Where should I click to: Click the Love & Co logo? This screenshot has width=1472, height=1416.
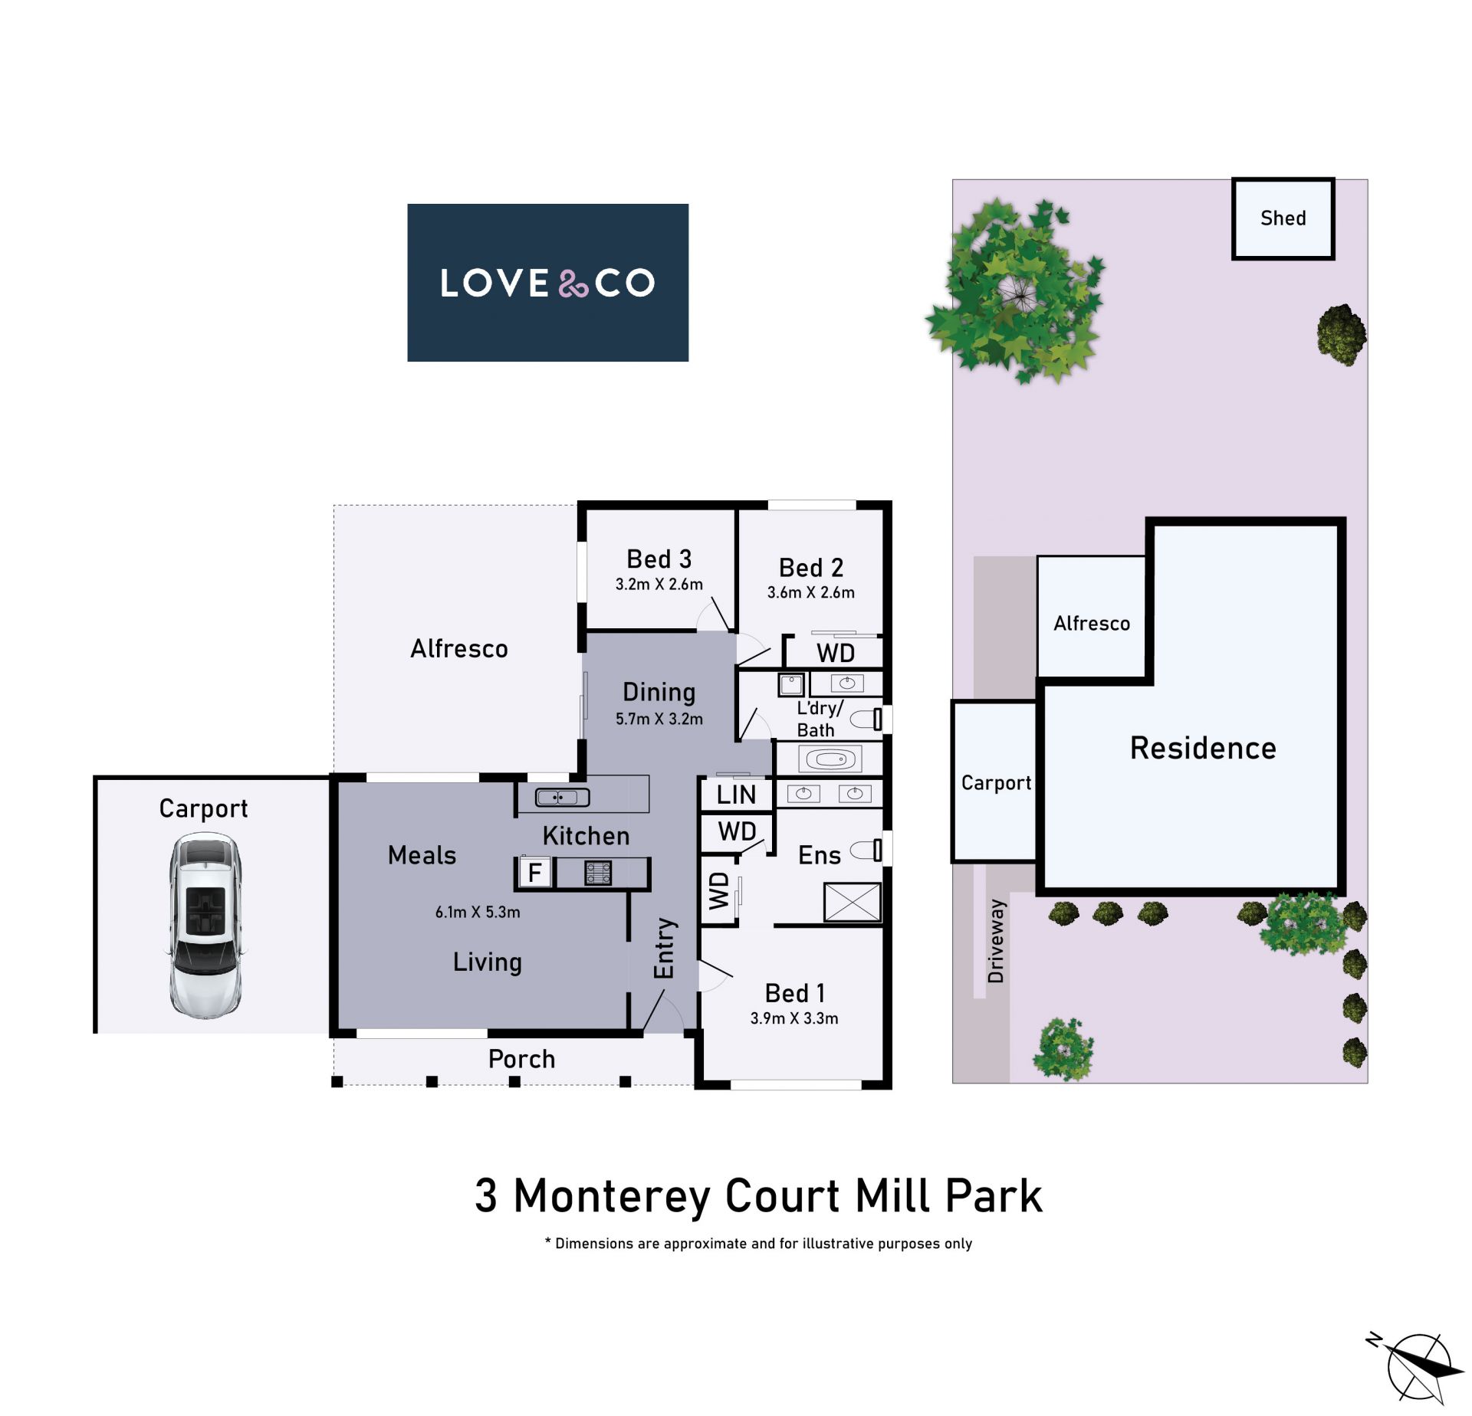click(x=547, y=282)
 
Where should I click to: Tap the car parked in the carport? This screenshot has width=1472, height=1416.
click(x=205, y=925)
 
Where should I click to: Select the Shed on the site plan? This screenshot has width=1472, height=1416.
click(x=1283, y=218)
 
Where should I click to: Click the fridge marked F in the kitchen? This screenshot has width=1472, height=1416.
click(x=535, y=872)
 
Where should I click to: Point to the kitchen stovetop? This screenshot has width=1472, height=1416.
click(x=598, y=873)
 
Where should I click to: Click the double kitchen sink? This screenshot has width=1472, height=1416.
click(x=562, y=798)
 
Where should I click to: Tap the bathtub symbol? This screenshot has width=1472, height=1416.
click(x=830, y=760)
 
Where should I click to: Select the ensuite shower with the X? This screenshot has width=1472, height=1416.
click(x=853, y=902)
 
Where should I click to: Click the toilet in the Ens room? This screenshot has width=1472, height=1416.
click(x=867, y=849)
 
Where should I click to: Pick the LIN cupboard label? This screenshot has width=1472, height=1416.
click(x=736, y=795)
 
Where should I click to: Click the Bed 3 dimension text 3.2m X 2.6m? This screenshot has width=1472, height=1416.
click(x=659, y=584)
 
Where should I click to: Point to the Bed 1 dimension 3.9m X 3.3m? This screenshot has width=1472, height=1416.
click(x=794, y=1018)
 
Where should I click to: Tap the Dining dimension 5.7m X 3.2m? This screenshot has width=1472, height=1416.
click(x=659, y=719)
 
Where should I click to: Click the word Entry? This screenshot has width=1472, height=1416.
click(x=664, y=948)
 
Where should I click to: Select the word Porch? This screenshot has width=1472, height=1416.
click(x=521, y=1059)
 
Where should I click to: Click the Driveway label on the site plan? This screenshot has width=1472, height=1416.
click(x=996, y=941)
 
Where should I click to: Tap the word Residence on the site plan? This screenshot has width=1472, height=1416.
click(x=1203, y=748)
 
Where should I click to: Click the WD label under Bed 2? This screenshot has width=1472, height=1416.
click(x=836, y=653)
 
